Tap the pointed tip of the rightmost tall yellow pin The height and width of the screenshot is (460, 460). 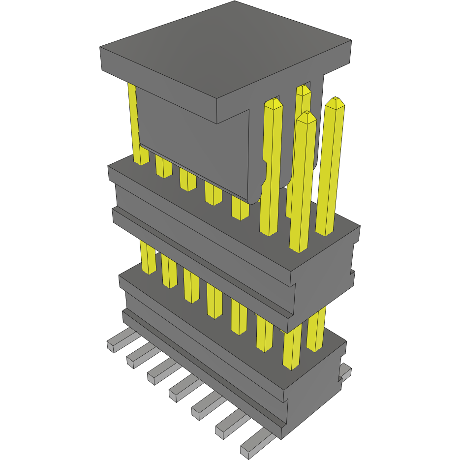coord(337,102)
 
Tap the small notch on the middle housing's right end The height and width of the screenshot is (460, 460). coord(353,272)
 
